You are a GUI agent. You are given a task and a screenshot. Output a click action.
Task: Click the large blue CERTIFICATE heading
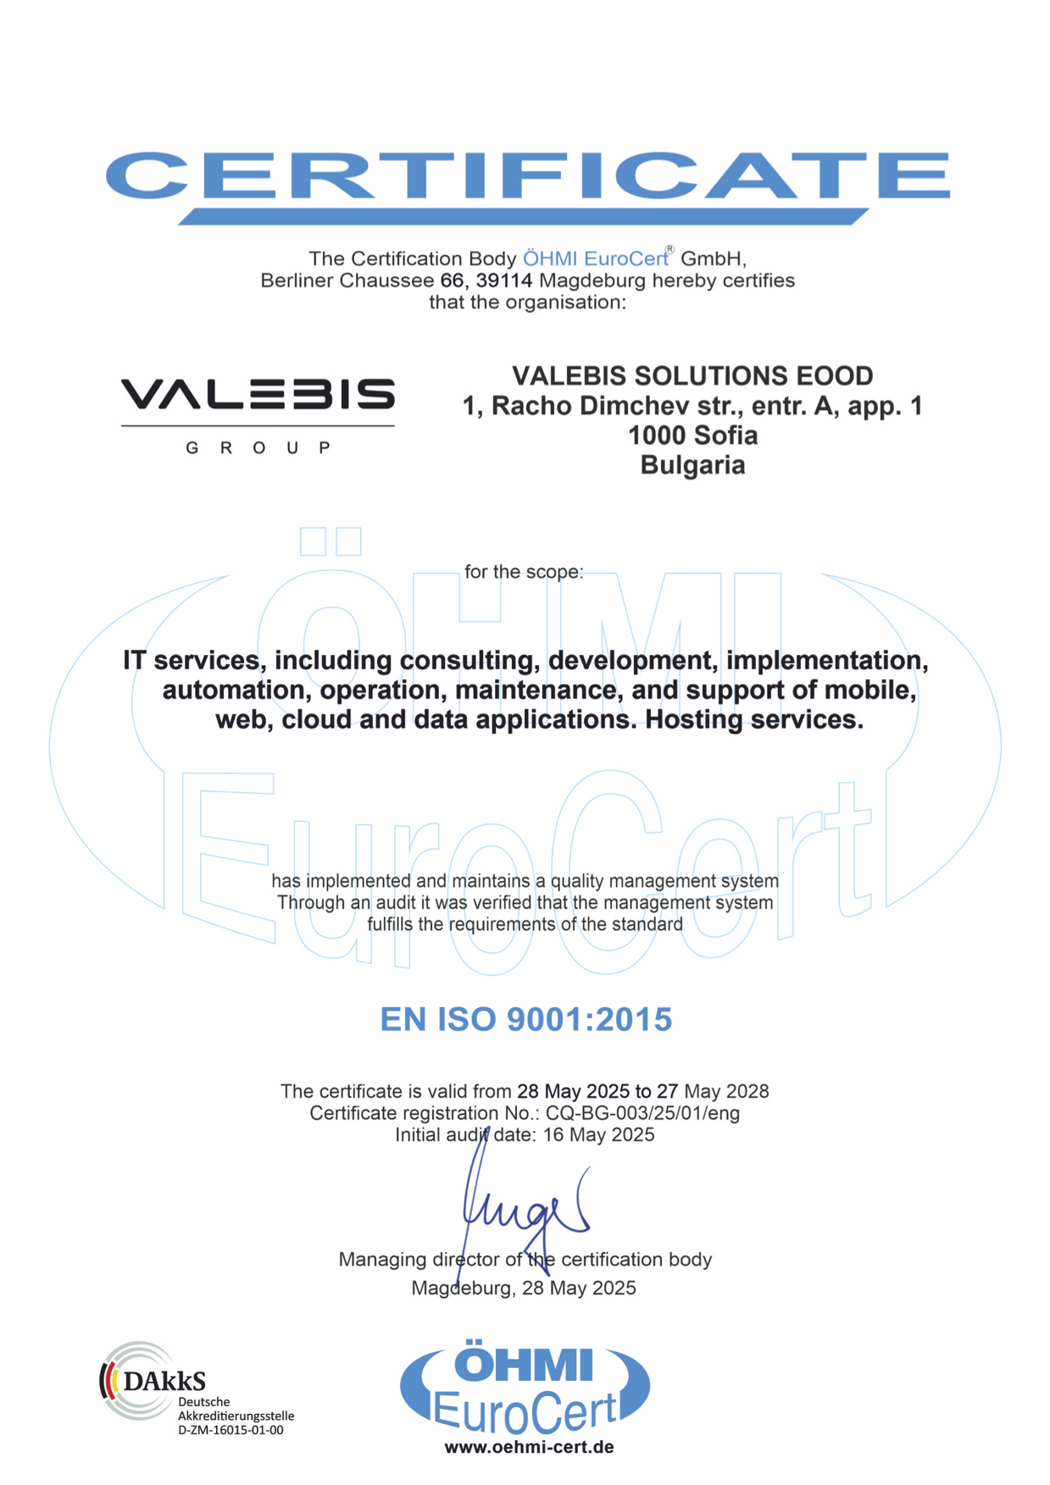pyautogui.click(x=526, y=176)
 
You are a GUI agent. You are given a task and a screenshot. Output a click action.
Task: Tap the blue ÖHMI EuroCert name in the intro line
pyautogui.click(x=595, y=258)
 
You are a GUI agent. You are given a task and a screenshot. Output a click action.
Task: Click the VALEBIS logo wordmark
pyautogui.click(x=258, y=395)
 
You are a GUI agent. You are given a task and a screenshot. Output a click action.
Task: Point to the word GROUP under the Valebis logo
pyautogui.click(x=258, y=447)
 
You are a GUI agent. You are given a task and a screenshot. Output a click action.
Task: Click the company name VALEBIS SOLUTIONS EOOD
pyautogui.click(x=692, y=375)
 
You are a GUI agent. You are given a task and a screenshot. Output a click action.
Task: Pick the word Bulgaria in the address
pyautogui.click(x=692, y=465)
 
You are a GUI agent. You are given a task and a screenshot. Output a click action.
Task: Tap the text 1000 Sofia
pyautogui.click(x=692, y=435)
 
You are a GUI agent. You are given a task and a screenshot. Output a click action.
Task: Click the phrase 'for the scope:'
pyautogui.click(x=524, y=572)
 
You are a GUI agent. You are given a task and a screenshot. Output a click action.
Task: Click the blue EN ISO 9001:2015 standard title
pyautogui.click(x=525, y=1019)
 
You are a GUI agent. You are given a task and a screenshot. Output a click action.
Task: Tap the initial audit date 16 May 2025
pyautogui.click(x=598, y=1135)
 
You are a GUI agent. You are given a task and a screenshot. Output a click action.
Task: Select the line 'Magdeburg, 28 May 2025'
pyautogui.click(x=524, y=1288)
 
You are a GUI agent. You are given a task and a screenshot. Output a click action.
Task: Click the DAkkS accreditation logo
pyautogui.click(x=153, y=1381)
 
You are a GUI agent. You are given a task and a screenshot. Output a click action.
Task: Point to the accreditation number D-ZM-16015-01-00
pyautogui.click(x=231, y=1430)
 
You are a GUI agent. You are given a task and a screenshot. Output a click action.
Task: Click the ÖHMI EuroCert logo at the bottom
pyautogui.click(x=525, y=1387)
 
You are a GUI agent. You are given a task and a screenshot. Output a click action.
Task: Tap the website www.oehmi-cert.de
pyautogui.click(x=529, y=1447)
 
